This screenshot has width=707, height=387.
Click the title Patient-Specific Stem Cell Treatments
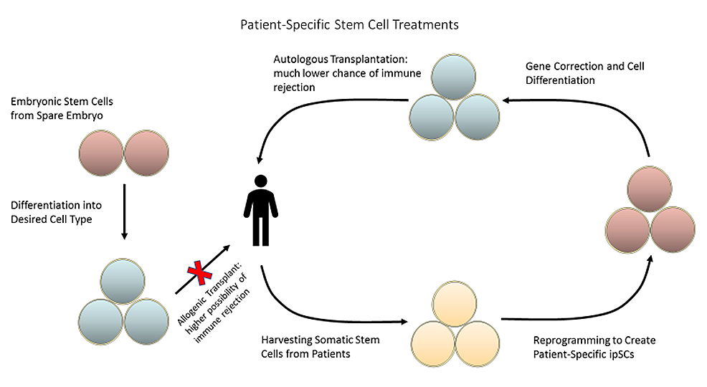[x=349, y=24]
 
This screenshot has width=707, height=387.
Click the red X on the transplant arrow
[x=199, y=273]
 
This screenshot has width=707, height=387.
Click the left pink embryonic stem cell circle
[x=102, y=152]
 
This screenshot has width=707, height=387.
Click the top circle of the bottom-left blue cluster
[x=124, y=281]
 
